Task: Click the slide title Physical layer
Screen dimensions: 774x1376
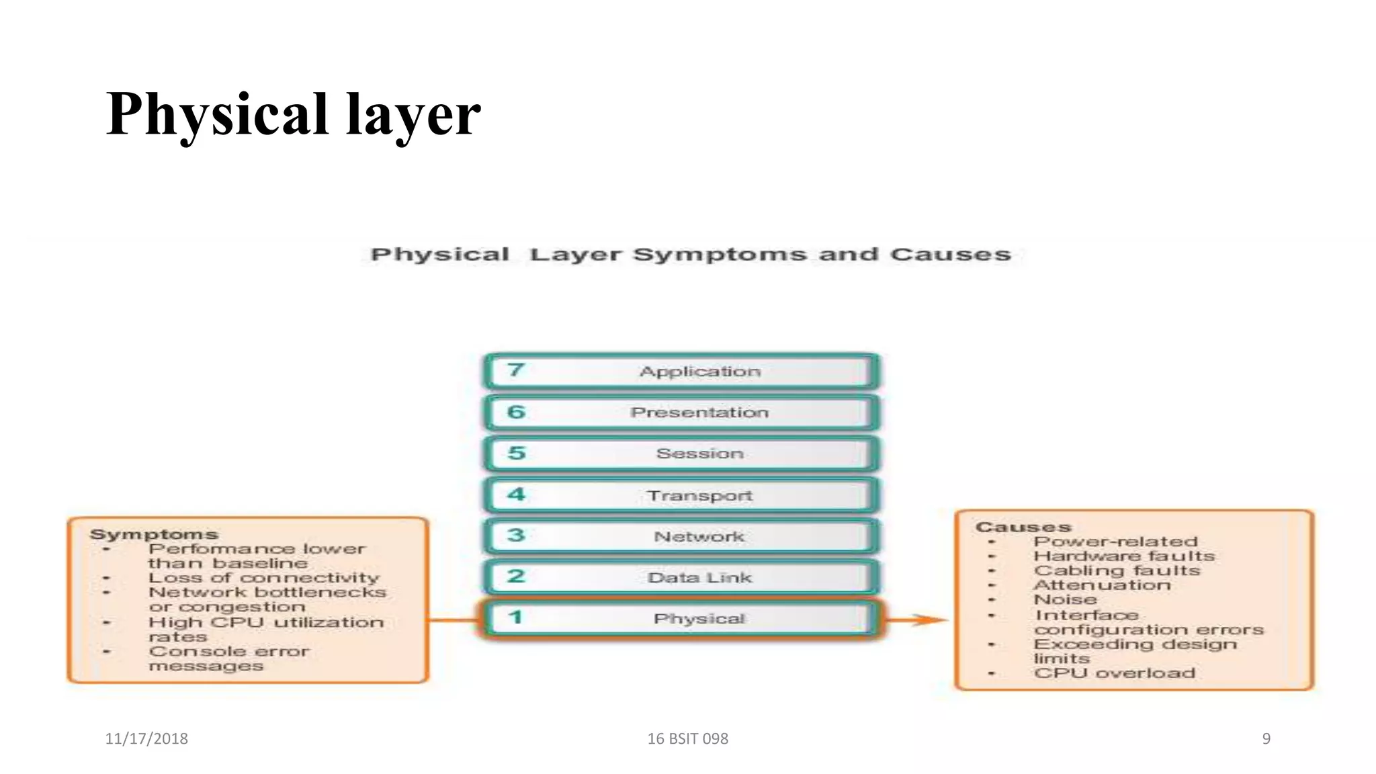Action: click(x=293, y=114)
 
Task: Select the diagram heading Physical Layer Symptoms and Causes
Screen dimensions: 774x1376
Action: click(x=690, y=255)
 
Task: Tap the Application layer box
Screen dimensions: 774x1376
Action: click(x=681, y=372)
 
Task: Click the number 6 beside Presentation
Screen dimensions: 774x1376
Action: click(x=516, y=412)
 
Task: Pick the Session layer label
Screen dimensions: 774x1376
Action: click(x=699, y=454)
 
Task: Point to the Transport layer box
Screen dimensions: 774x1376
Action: click(x=681, y=495)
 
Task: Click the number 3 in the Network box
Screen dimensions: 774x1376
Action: click(x=516, y=535)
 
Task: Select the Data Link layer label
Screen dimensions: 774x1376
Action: click(x=699, y=578)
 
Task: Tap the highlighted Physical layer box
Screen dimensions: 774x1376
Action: click(x=681, y=619)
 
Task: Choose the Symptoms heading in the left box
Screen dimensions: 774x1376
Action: click(x=154, y=534)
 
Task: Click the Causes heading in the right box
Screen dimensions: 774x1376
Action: click(x=1023, y=527)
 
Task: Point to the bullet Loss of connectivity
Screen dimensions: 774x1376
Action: click(x=263, y=578)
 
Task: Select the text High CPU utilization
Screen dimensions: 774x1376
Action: click(x=266, y=623)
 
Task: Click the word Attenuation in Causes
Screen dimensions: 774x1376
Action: click(x=1102, y=585)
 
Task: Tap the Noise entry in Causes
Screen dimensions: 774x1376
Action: click(x=1065, y=599)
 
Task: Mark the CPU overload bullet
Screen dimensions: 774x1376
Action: click(x=1114, y=673)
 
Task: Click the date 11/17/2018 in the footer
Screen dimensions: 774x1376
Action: click(x=146, y=738)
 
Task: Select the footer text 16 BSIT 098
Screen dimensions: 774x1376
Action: click(x=687, y=738)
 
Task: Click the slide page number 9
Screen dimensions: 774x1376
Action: click(x=1266, y=738)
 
